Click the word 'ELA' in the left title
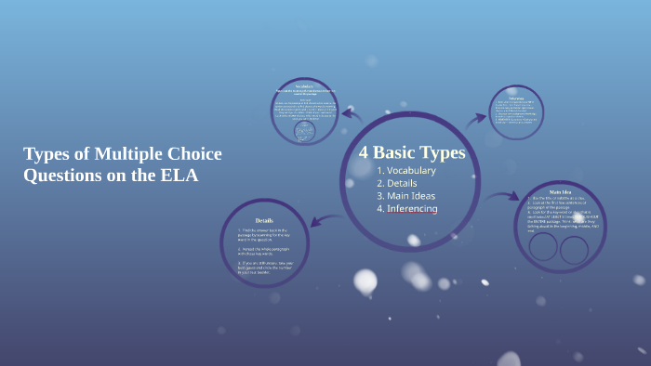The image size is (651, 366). (x=180, y=175)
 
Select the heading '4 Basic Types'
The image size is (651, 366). (x=412, y=151)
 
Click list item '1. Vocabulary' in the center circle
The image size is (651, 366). (x=406, y=171)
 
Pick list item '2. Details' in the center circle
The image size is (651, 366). (x=398, y=183)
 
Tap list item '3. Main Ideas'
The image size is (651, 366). (x=406, y=196)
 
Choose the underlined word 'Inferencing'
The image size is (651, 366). (x=412, y=209)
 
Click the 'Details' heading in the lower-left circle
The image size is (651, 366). (x=264, y=220)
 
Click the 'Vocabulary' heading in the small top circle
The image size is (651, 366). (x=304, y=85)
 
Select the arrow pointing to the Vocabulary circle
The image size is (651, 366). (x=352, y=115)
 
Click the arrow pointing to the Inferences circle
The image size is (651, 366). (x=476, y=118)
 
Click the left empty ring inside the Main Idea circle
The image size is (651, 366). (x=543, y=248)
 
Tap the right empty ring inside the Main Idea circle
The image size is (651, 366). (x=574, y=250)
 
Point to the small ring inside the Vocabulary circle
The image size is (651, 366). (x=304, y=132)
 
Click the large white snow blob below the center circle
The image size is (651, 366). (x=365, y=281)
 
